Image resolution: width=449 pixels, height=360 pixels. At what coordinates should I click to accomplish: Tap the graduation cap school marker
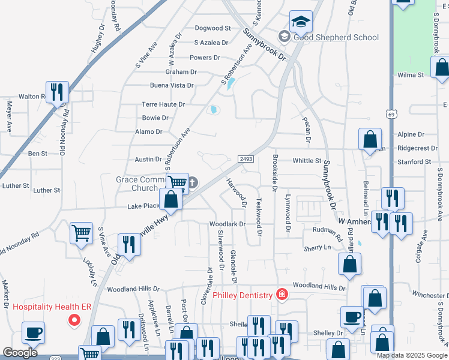301,23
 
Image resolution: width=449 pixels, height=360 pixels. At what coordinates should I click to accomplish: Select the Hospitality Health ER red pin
74,320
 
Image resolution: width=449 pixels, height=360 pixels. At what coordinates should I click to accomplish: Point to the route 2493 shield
246,158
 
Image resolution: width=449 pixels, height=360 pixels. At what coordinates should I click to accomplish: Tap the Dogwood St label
213,28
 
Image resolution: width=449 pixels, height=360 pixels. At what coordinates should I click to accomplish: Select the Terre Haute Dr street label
163,104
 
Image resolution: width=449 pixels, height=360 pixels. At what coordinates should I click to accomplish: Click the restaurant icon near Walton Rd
58,92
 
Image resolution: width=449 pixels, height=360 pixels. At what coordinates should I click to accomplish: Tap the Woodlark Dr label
228,224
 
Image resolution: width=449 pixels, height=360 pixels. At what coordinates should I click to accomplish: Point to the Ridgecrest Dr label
417,148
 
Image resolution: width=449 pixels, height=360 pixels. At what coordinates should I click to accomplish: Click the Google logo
20,353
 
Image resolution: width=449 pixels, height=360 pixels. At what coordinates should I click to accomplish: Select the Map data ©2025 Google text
412,355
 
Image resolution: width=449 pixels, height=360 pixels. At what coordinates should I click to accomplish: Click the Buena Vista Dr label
172,85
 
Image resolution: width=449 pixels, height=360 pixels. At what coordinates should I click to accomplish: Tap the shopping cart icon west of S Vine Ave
81,233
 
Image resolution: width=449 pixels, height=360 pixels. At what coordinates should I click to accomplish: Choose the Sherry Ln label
318,247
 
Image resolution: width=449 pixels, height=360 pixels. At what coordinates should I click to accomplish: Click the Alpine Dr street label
411,135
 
